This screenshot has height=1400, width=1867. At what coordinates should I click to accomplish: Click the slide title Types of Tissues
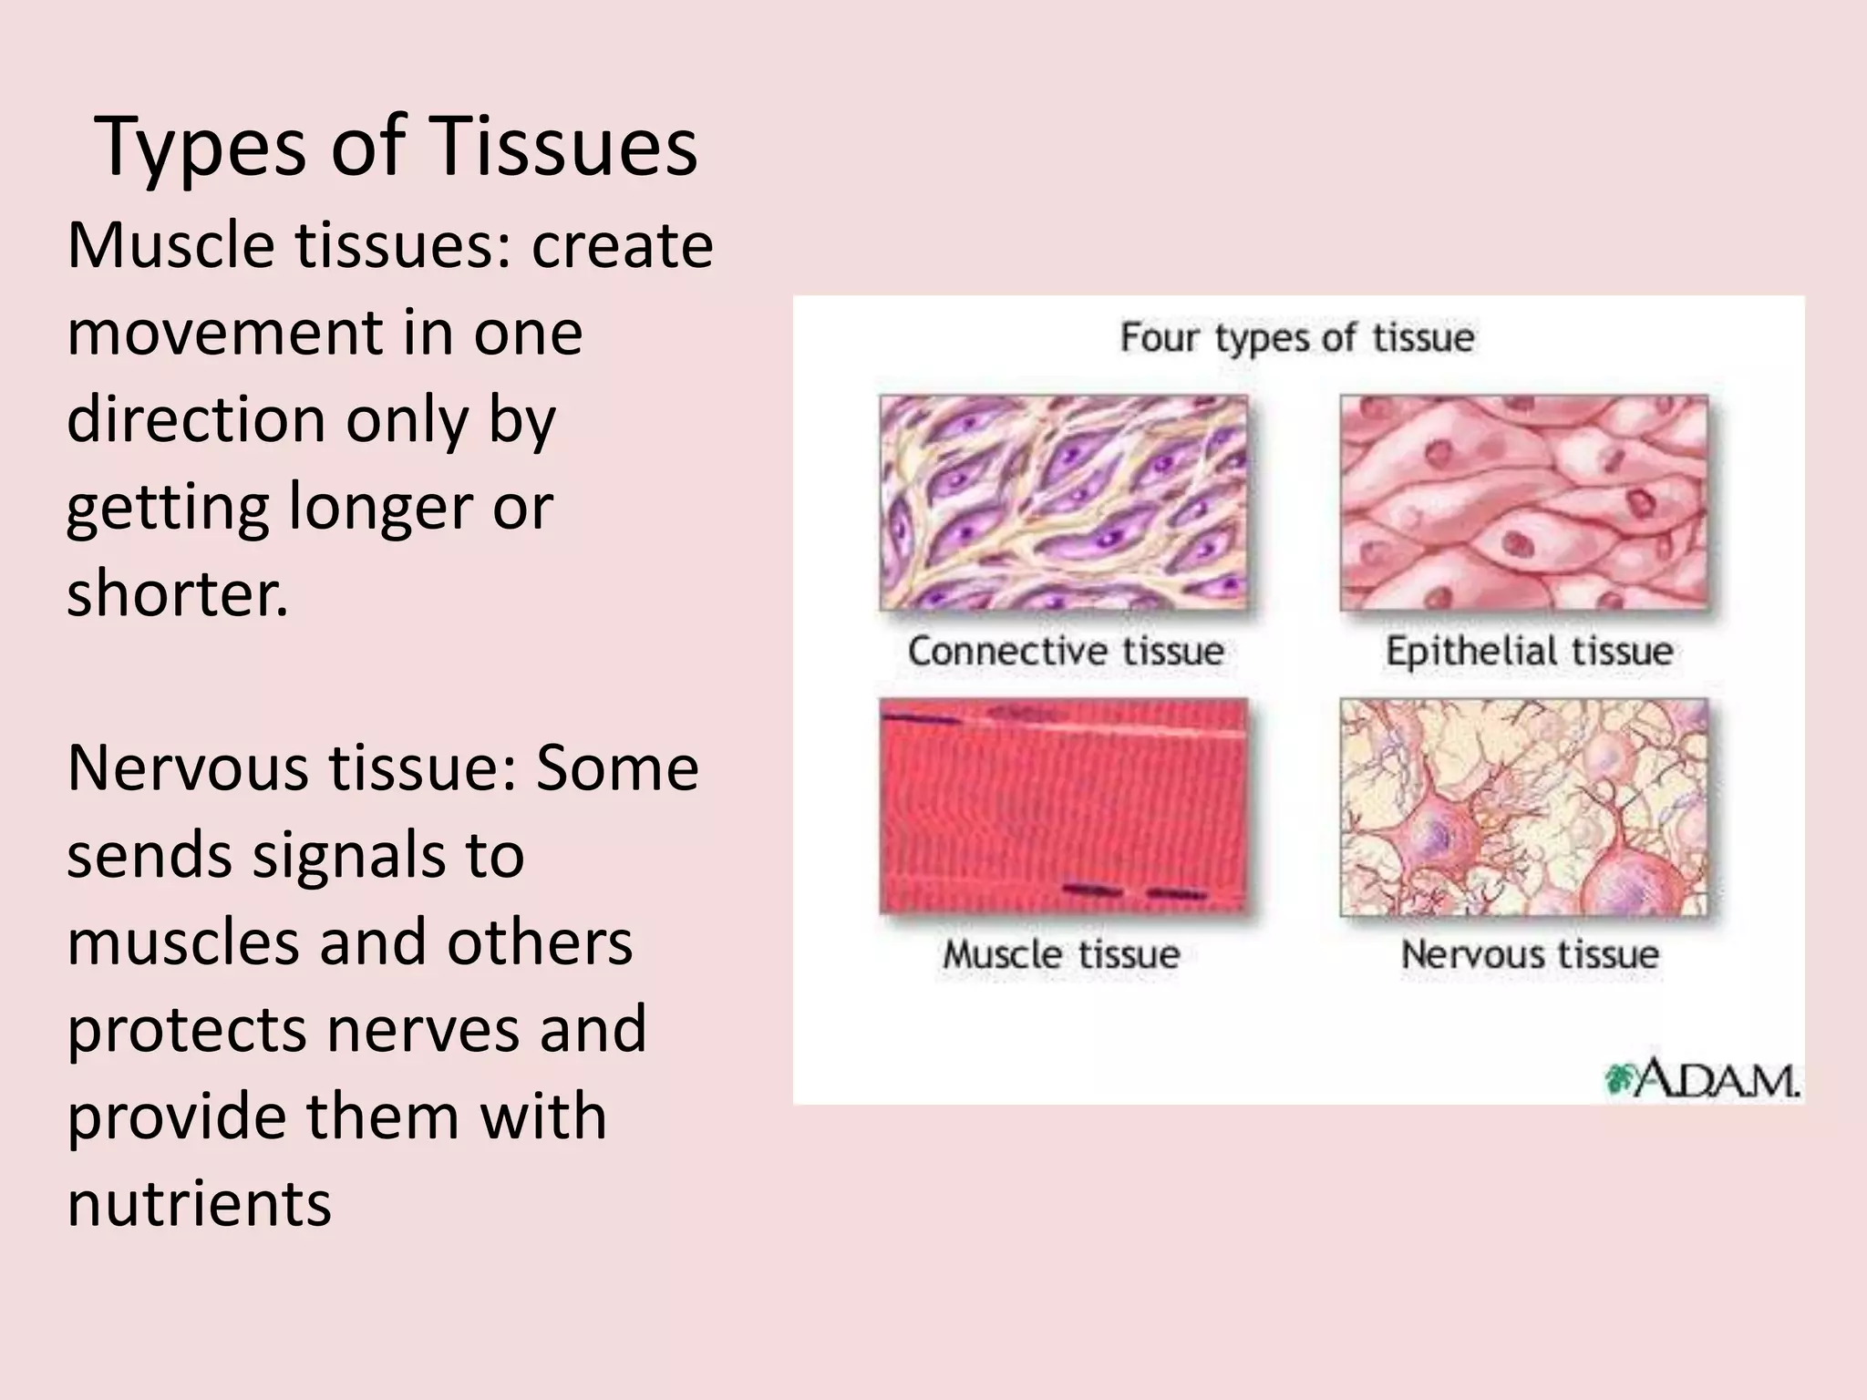(x=396, y=146)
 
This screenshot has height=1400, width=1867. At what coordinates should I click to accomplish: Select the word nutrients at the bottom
(x=199, y=1203)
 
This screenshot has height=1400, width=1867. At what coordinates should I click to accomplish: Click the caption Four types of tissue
(x=1296, y=338)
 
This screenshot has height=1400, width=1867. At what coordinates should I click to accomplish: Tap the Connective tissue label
(x=1065, y=651)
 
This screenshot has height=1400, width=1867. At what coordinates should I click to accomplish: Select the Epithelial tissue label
(x=1529, y=651)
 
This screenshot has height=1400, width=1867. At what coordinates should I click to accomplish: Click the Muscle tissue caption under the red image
(x=1061, y=954)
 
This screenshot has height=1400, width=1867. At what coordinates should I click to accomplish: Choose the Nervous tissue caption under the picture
(x=1530, y=954)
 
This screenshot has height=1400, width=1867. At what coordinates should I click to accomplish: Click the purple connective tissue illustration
(x=1063, y=502)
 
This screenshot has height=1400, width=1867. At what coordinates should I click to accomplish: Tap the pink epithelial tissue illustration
(x=1523, y=502)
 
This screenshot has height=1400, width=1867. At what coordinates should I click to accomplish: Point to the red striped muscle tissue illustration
(x=1063, y=806)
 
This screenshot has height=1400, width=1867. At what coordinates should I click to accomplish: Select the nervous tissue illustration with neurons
(x=1523, y=807)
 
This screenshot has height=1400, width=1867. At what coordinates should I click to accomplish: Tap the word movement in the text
(x=224, y=333)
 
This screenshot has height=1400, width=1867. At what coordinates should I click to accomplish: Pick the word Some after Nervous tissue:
(x=616, y=767)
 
